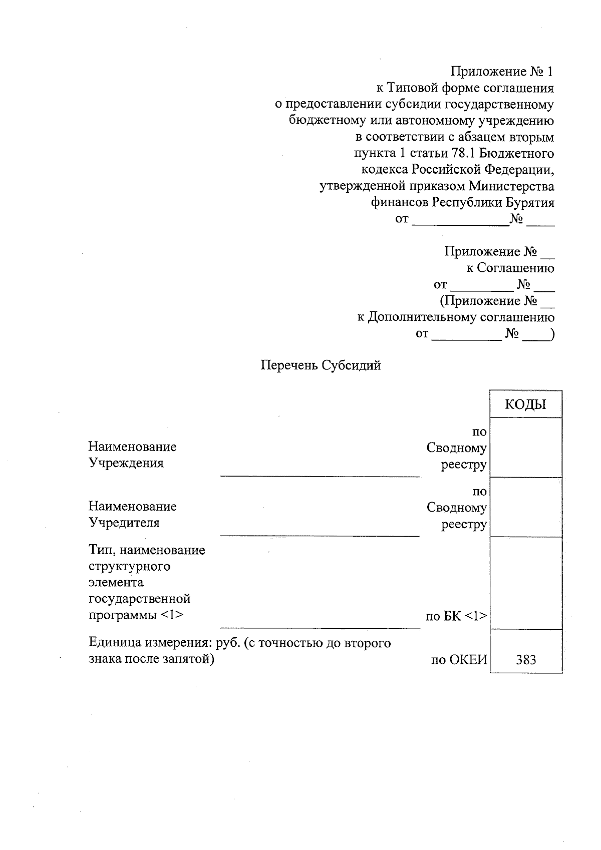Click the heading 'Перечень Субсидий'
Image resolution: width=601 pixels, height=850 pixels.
coord(321,365)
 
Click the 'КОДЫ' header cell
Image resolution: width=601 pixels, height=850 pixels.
coord(525,404)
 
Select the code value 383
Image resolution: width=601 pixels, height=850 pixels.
coord(526,659)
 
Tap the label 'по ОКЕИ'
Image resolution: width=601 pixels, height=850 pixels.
coord(459,659)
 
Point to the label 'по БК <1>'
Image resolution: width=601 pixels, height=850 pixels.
coord(456,616)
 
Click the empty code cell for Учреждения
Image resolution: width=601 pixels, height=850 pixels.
coord(526,448)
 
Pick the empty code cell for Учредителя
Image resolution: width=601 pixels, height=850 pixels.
coord(526,507)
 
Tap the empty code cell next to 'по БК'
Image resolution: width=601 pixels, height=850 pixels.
coord(526,583)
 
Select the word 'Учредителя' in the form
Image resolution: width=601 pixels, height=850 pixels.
coord(124,523)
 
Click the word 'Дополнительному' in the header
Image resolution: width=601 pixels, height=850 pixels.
coord(422,317)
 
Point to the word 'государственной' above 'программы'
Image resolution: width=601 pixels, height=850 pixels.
coord(140,599)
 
